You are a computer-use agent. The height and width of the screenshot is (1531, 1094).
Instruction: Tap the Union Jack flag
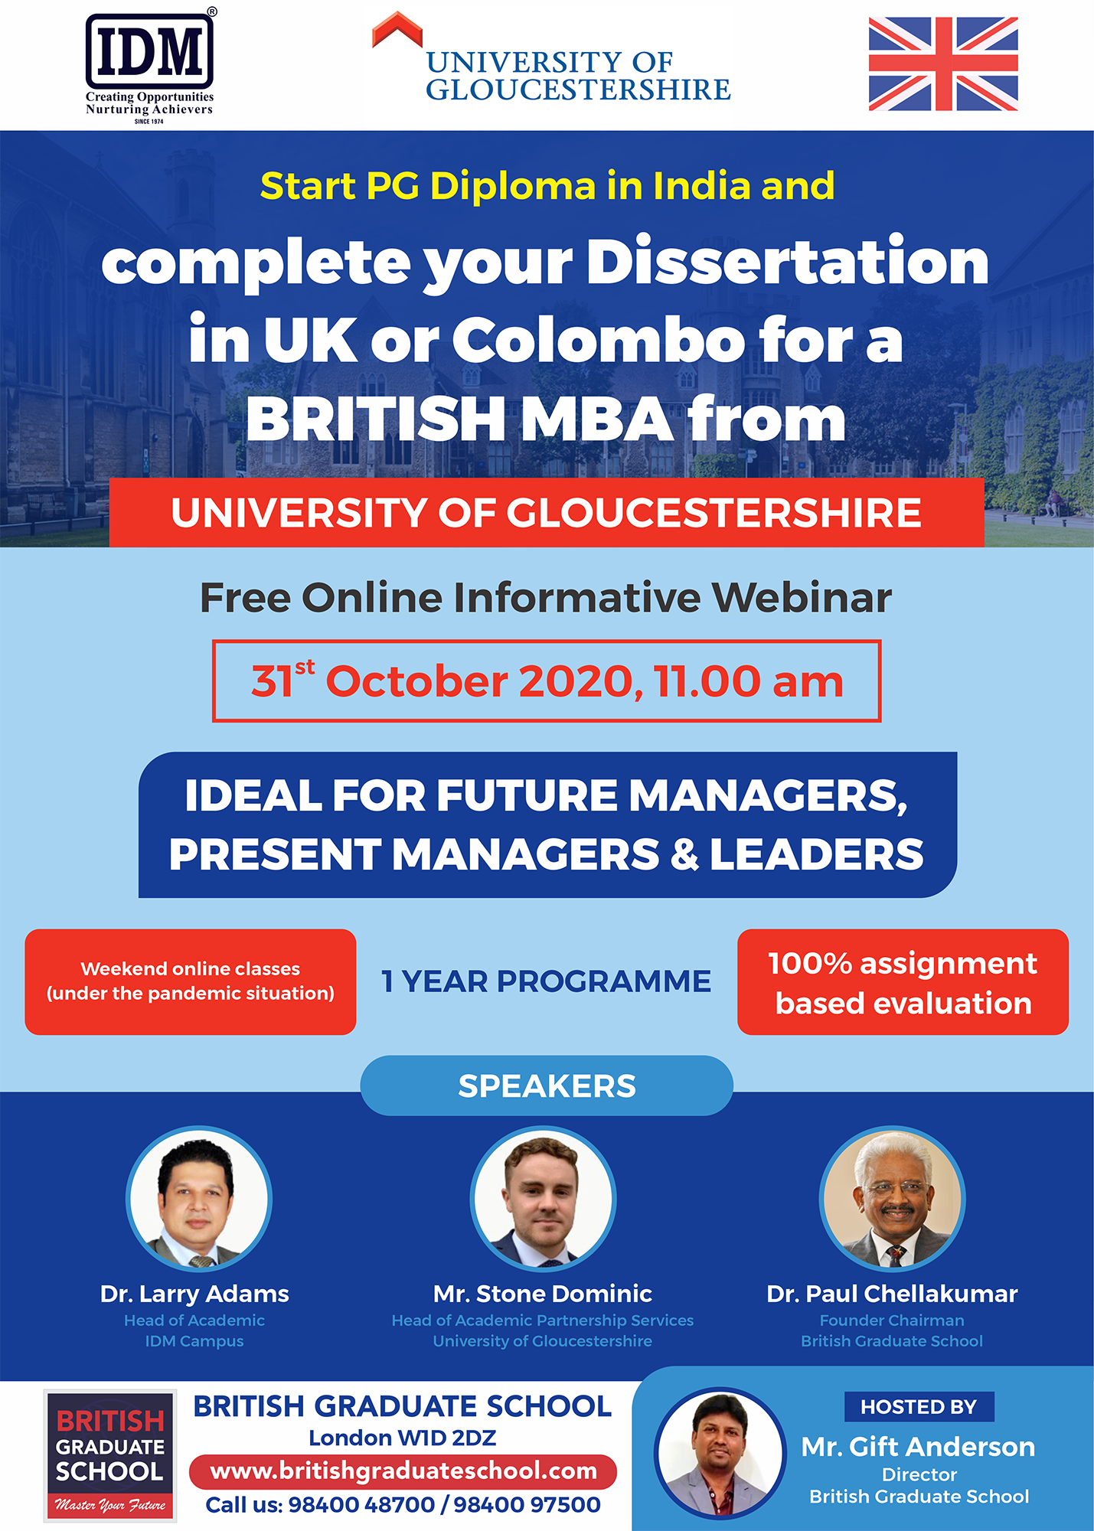pyautogui.click(x=943, y=64)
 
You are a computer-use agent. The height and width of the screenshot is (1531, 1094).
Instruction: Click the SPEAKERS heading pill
pyautogui.click(x=547, y=1085)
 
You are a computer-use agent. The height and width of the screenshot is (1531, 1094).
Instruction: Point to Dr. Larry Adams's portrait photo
pyautogui.click(x=198, y=1198)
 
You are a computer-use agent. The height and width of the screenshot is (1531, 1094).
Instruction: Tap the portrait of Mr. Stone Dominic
pyautogui.click(x=543, y=1198)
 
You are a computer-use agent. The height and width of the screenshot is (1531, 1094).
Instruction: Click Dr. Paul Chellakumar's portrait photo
pyautogui.click(x=892, y=1198)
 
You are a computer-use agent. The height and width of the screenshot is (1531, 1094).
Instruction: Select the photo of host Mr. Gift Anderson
pyautogui.click(x=720, y=1452)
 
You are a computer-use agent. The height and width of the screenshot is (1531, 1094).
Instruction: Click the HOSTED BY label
pyautogui.click(x=919, y=1407)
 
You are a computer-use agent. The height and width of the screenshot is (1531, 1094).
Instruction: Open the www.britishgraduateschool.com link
pyautogui.click(x=403, y=1471)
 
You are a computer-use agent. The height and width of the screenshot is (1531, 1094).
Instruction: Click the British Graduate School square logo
pyautogui.click(x=110, y=1454)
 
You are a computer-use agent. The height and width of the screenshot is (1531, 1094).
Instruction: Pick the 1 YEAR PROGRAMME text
pyautogui.click(x=547, y=981)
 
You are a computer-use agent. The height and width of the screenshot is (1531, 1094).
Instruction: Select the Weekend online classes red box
pyautogui.click(x=191, y=982)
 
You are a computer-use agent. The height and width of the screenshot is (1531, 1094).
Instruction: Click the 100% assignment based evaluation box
pyautogui.click(x=903, y=982)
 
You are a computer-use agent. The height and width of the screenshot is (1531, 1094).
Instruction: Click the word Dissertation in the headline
pyautogui.click(x=788, y=261)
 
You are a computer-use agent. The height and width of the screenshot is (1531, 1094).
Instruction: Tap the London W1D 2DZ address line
pyautogui.click(x=403, y=1438)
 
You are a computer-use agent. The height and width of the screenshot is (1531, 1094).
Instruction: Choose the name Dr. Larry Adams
pyautogui.click(x=194, y=1294)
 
